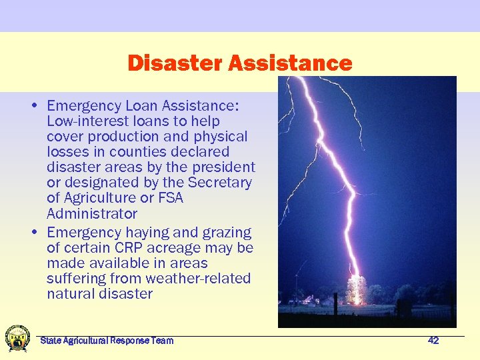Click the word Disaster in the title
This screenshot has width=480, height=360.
[175, 63]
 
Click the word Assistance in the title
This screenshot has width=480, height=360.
[290, 63]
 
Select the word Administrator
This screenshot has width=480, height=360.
[92, 213]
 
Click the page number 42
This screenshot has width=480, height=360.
[433, 341]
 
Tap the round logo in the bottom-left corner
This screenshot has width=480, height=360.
[17, 338]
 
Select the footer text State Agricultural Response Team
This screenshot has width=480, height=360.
[107, 341]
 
